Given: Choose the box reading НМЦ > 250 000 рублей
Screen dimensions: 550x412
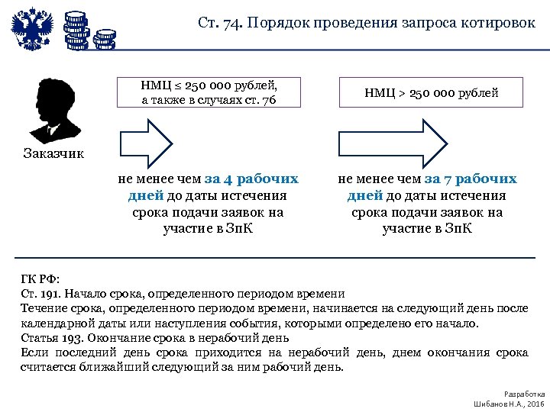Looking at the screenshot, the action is coord(432,93).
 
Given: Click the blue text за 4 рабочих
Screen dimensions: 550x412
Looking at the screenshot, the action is coord(251,180).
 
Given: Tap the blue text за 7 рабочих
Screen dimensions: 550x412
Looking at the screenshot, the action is coord(471,180).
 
